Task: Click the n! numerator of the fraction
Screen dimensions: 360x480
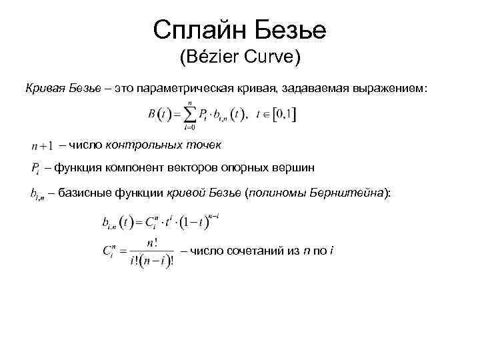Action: [158, 243]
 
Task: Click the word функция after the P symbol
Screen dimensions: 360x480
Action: [81, 167]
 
